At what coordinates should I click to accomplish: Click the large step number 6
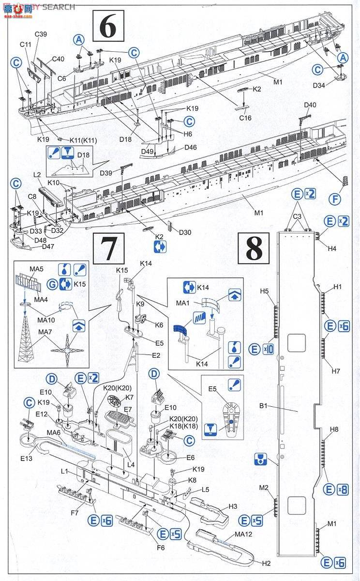click(108, 26)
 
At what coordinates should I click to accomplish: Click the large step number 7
click(109, 248)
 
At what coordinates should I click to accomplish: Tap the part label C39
click(41, 34)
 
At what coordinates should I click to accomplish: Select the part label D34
click(319, 85)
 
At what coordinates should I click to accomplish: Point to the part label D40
click(310, 105)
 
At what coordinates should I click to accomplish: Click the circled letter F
click(335, 199)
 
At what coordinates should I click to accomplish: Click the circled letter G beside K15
click(52, 284)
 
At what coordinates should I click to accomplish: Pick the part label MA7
click(45, 332)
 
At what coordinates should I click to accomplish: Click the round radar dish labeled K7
click(114, 401)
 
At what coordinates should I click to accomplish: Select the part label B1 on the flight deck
click(263, 405)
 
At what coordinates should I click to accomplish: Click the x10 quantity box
click(268, 350)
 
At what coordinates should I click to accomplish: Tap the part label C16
click(245, 118)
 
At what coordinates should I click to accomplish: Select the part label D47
click(48, 246)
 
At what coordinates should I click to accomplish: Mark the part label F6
click(161, 547)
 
